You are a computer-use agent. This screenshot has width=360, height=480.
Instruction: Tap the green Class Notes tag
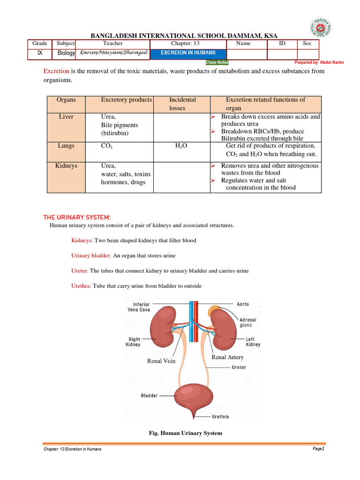[x=217, y=62]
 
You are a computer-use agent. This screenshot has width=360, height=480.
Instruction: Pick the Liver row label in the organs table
[x=66, y=117]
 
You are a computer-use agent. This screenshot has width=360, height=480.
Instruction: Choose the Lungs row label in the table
[x=66, y=146]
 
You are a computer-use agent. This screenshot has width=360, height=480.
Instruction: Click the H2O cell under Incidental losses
[x=181, y=146]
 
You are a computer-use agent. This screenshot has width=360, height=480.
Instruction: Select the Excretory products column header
[x=126, y=100]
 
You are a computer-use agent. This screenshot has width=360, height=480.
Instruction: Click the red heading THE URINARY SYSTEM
[x=77, y=217]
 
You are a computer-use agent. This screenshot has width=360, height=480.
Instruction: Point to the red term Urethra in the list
[x=81, y=286]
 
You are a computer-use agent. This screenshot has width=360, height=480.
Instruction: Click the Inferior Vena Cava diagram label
[x=139, y=307]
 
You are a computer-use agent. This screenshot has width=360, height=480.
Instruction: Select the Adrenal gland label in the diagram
[x=247, y=322]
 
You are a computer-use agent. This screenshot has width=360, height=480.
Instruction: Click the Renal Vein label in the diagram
[x=161, y=361]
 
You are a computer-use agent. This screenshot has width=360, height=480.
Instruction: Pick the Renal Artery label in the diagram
[x=228, y=357]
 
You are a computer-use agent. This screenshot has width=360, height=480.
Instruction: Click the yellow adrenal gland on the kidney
[x=215, y=310]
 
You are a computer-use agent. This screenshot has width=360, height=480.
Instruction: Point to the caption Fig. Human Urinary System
[x=185, y=433]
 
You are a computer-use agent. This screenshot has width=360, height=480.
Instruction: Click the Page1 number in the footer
[x=318, y=449]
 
